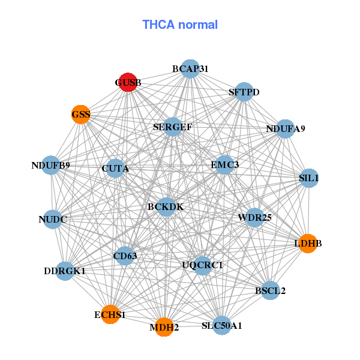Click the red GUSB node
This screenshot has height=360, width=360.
pyautogui.click(x=128, y=82)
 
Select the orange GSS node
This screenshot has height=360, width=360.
pyautogui.click(x=81, y=114)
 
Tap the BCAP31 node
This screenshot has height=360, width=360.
pyautogui.click(x=190, y=69)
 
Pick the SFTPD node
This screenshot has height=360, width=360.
pyautogui.click(x=244, y=92)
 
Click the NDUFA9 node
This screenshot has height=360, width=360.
pyautogui.click(x=285, y=128)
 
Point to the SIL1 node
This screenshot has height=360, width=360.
pyautogui.click(x=308, y=178)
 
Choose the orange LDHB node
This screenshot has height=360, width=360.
pyautogui.click(x=308, y=243)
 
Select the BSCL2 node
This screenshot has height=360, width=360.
pyautogui.click(x=270, y=291)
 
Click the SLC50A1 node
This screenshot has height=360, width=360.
pyautogui.click(x=222, y=325)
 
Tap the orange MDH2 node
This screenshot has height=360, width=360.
pyautogui.click(x=164, y=327)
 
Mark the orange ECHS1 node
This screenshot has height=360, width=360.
pyautogui.click(x=110, y=314)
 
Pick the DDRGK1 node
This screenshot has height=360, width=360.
pyautogui.click(x=65, y=271)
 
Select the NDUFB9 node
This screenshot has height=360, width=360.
pyautogui.click(x=51, y=165)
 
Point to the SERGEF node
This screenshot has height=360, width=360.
pyautogui.click(x=172, y=127)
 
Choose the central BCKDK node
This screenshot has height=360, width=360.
pyautogui.click(x=166, y=207)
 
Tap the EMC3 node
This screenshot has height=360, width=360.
pyautogui.click(x=224, y=164)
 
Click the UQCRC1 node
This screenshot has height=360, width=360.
pyautogui.click(x=202, y=265)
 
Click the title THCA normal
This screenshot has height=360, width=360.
pyautogui.click(x=180, y=25)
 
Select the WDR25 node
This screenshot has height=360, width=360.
pyautogui.click(x=254, y=217)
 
